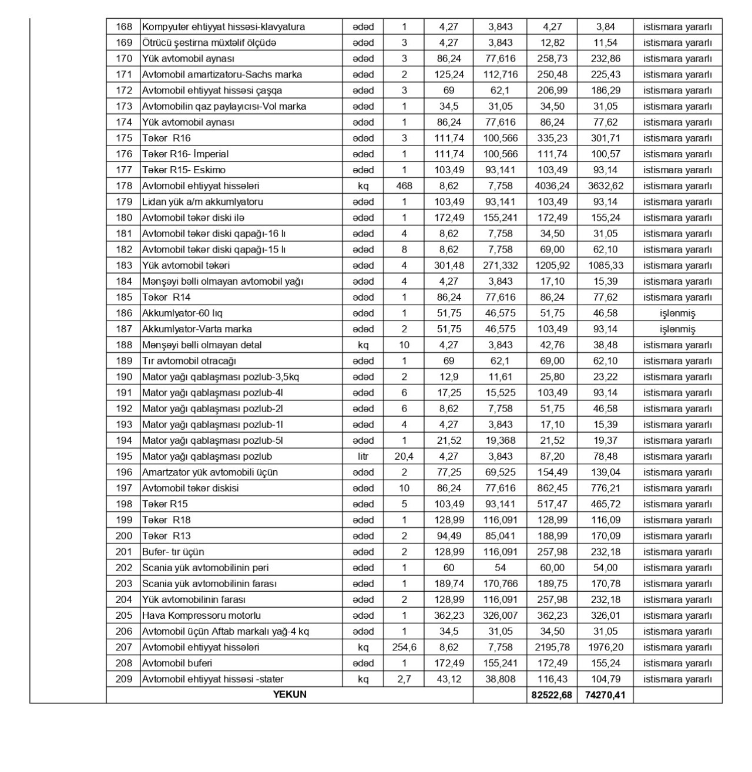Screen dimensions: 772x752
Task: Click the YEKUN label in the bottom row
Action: point(290,695)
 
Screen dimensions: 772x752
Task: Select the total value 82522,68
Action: point(552,695)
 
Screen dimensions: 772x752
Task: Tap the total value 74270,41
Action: point(605,695)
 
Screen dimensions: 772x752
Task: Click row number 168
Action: point(124,26)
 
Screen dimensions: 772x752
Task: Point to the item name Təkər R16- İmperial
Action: point(185,154)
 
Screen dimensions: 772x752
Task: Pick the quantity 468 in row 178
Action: point(404,186)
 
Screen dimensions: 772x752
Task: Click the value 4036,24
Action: point(552,186)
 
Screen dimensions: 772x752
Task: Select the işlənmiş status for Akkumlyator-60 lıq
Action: point(677,313)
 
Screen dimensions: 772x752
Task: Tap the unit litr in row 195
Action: point(363,456)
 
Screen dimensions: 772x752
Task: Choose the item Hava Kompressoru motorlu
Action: point(202,615)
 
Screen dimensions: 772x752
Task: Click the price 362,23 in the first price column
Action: point(449,615)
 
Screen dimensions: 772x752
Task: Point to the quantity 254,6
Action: point(404,647)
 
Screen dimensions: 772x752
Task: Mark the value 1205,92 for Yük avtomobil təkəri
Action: point(552,265)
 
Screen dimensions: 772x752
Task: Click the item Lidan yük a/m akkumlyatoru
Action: point(203,201)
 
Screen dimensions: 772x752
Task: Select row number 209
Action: point(124,679)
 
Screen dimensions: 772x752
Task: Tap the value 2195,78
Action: point(552,647)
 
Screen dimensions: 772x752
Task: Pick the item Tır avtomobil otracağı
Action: point(189,360)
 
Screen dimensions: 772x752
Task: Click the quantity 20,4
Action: point(404,456)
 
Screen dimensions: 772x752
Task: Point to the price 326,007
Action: point(500,615)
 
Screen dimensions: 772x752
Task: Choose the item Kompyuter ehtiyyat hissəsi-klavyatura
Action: point(223,26)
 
